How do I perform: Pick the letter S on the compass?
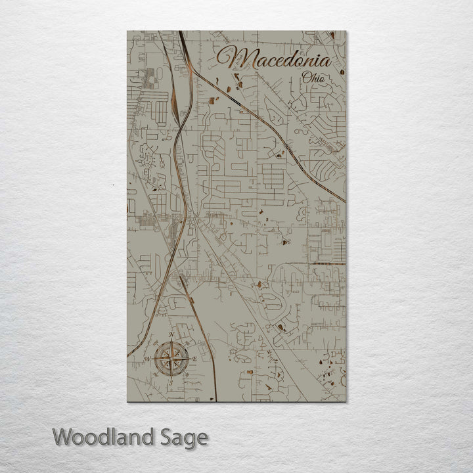tap(172, 381)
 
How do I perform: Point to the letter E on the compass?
tap(195, 358)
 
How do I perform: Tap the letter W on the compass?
tap(148, 358)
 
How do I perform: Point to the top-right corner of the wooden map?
tap(346, 31)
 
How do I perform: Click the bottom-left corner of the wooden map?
tap(127, 401)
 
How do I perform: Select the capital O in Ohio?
tap(307, 78)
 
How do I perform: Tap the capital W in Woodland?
tap(64, 436)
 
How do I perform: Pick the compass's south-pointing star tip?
tap(172, 375)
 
